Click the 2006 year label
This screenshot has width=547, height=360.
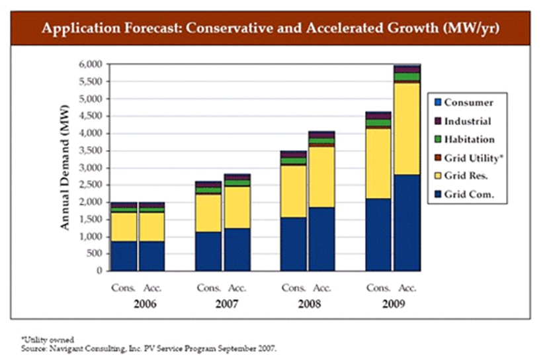coord(137,305)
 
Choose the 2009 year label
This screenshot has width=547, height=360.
coord(393,305)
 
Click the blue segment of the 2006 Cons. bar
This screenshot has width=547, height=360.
coord(123,255)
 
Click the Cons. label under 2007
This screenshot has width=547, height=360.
coord(208,288)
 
